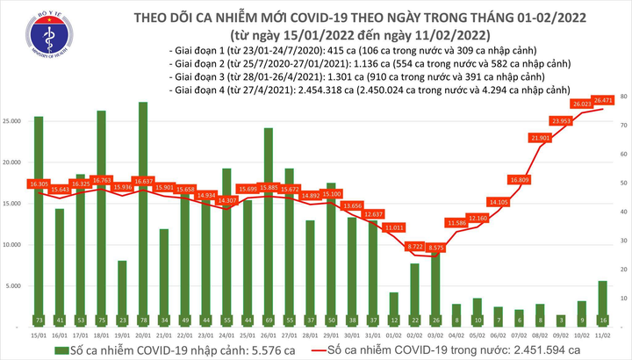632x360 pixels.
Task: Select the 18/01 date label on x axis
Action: pos(101,334)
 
